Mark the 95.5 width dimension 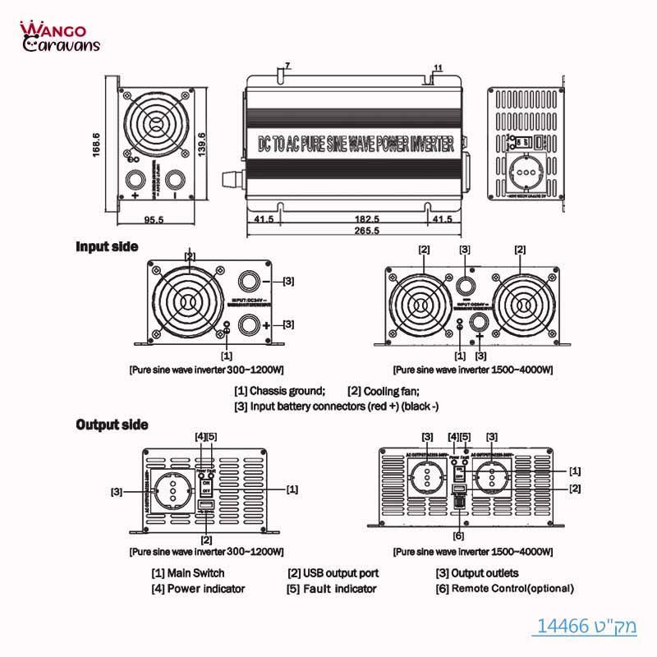[x=154, y=219]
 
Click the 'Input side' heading [x=107, y=246]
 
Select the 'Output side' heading [x=113, y=425]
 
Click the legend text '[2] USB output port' [x=333, y=573]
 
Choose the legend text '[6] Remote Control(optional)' [x=504, y=589]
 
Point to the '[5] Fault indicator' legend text [x=331, y=589]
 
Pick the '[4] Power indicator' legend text [x=198, y=589]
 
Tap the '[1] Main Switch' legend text [x=187, y=573]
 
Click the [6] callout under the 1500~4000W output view [x=458, y=535]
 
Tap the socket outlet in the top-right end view [x=527, y=172]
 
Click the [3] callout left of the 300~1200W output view [x=117, y=492]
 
